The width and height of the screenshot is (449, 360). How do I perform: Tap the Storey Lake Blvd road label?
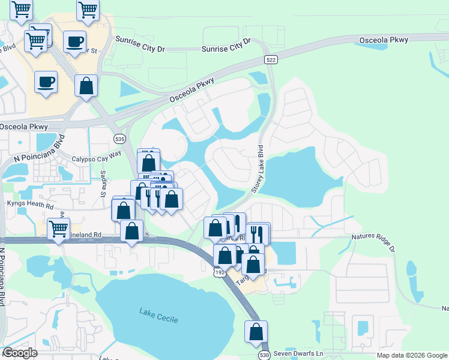tap(257, 168)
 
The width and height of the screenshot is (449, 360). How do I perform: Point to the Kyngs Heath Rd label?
tap(31, 203)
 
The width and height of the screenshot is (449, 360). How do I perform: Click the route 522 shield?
tap(270, 59)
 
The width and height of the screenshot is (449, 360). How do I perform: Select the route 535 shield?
tap(119, 139)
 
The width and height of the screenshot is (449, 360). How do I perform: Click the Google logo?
tap(20, 353)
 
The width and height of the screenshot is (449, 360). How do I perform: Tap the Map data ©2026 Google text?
tap(412, 355)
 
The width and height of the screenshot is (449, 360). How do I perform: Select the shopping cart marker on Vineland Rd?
tap(58, 229)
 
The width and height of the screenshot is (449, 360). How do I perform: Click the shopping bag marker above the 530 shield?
tap(256, 331)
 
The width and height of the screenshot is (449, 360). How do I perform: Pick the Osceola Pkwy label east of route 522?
tap(384, 40)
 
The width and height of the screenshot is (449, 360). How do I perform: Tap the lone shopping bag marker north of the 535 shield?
tap(86, 85)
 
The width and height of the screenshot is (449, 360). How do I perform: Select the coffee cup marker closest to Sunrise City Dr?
tap(74, 42)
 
